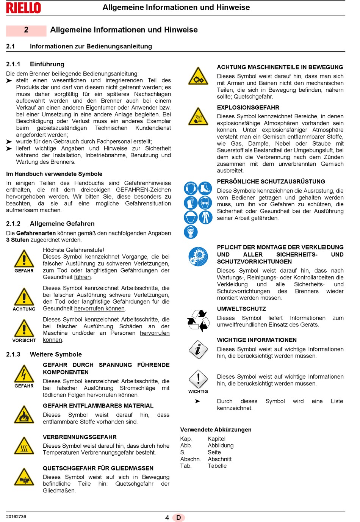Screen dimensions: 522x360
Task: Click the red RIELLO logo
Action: (x=23, y=8)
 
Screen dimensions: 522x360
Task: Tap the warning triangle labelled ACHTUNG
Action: (x=24, y=297)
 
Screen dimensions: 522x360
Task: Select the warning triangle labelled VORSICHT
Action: (x=24, y=328)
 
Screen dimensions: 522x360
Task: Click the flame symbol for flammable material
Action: (x=24, y=414)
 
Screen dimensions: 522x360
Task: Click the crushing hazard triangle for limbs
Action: (x=24, y=477)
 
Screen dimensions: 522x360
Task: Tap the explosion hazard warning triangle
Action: (x=198, y=116)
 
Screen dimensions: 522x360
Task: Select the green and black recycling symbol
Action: (x=198, y=320)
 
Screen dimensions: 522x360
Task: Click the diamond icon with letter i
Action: (x=198, y=349)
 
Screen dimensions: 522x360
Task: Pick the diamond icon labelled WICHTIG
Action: (x=198, y=379)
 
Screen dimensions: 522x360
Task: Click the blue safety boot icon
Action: (x=205, y=188)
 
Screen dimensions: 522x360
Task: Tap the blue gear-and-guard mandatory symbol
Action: (x=198, y=256)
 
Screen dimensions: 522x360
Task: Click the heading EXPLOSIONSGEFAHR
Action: (x=248, y=108)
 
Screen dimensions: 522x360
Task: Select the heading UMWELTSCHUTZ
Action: (x=241, y=309)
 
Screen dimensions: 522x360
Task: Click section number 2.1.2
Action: (x=13, y=224)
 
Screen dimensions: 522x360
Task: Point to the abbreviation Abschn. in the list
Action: (x=190, y=459)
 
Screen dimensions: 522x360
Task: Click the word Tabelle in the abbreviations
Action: (x=217, y=466)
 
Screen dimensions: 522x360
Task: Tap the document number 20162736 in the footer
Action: (x=16, y=516)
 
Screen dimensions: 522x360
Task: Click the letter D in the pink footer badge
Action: (x=178, y=517)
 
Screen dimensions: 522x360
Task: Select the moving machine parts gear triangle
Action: (x=198, y=76)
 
